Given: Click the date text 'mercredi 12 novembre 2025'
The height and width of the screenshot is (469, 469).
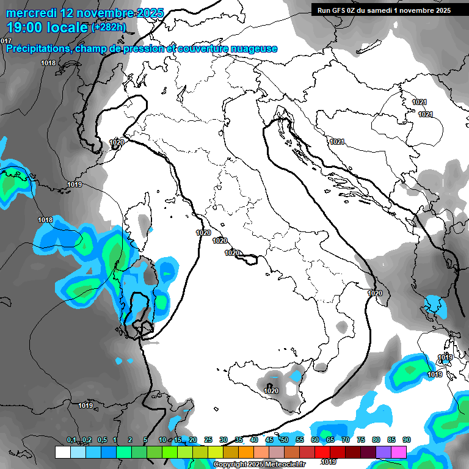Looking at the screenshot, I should [x=85, y=13].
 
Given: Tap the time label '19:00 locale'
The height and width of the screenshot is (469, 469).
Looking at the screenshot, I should [x=46, y=27].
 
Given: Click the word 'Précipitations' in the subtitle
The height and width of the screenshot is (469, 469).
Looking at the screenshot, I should [x=37, y=49].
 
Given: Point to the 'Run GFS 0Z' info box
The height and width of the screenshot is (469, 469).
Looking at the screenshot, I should [x=384, y=10].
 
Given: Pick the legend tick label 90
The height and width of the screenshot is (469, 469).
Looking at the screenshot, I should [x=406, y=440].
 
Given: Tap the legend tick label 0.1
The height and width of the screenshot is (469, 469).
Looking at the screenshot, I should [x=71, y=440].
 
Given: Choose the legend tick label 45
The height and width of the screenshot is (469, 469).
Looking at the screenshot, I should [x=269, y=440].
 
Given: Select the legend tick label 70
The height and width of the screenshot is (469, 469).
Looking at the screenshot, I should [x=346, y=440].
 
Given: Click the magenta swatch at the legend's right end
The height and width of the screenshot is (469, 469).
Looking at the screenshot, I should [x=399, y=452].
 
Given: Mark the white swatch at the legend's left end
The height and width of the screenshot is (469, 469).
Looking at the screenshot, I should [x=62, y=452].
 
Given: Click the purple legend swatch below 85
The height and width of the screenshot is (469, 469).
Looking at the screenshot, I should [x=384, y=452].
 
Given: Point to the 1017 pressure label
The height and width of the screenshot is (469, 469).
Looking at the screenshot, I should [x=6, y=41].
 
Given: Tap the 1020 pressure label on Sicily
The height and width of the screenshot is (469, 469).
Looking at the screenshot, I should [x=271, y=391].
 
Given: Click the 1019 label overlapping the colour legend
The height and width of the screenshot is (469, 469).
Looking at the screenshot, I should [x=329, y=462].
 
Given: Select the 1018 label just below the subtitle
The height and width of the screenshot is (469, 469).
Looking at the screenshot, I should [x=48, y=64].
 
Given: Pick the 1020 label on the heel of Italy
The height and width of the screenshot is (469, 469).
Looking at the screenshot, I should [x=375, y=294].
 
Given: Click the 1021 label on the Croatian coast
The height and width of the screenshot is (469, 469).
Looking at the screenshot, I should [x=337, y=142].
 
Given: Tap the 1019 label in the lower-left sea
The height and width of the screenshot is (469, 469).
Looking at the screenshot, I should [x=85, y=405].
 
